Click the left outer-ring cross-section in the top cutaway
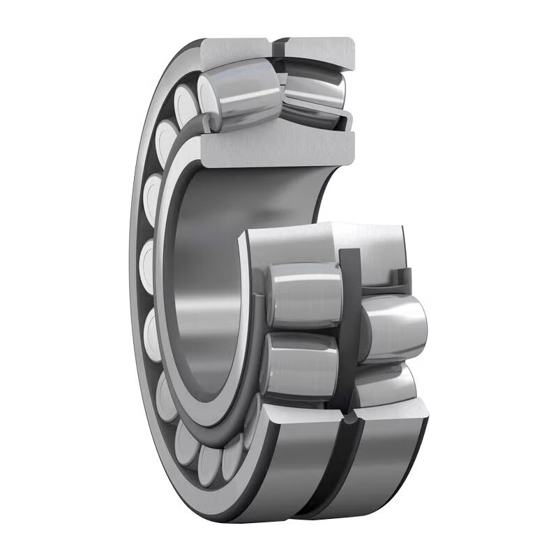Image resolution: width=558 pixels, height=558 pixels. (234, 50)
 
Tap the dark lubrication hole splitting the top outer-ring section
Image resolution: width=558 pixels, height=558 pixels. (278, 49)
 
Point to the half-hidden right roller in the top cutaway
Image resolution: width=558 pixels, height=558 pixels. (317, 91)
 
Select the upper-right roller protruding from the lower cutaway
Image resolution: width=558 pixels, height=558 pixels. (394, 324)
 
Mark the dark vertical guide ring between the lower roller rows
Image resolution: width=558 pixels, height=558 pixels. (349, 314)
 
